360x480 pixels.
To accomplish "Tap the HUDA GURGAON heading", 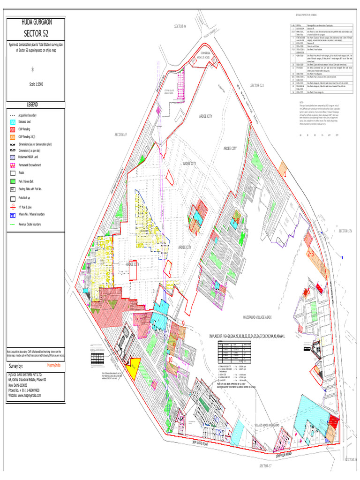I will (35, 22).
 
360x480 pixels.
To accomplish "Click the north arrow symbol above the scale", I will (33, 69).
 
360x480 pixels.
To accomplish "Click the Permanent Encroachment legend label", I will (30, 165).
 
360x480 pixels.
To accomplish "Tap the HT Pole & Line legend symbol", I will (13, 206).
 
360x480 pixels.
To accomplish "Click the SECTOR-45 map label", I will (121, 135).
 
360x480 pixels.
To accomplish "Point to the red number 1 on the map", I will (285, 174).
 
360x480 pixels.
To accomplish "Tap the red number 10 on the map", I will (170, 360).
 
